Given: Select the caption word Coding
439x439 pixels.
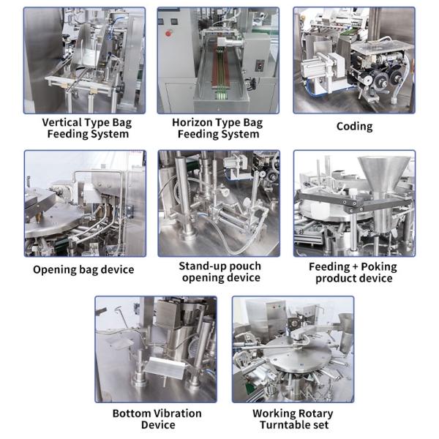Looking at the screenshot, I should pyautogui.click(x=354, y=127).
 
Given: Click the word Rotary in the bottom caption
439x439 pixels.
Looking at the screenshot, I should pyautogui.click(x=316, y=413).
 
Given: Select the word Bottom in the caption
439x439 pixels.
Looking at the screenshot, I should pyautogui.click(x=130, y=413).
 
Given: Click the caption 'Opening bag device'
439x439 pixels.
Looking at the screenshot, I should pyautogui.click(x=83, y=269).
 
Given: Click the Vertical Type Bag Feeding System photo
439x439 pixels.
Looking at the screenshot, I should pyautogui.click(x=83, y=60).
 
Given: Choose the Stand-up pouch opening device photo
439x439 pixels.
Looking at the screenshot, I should pyautogui.click(x=219, y=203).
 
